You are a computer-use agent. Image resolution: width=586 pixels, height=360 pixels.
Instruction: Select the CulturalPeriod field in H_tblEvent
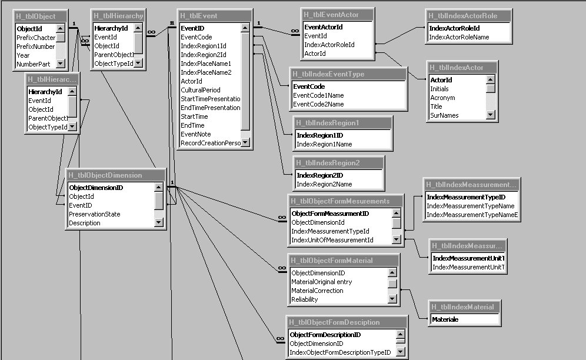tap(201, 90)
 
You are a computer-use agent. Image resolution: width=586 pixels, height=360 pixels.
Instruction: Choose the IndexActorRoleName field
tap(459, 37)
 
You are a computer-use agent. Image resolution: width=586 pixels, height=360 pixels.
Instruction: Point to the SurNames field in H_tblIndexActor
tap(445, 115)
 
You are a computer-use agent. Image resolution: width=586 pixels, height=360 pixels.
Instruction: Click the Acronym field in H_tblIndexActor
tap(442, 98)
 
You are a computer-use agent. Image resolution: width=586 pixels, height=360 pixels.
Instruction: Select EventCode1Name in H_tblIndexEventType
tap(318, 95)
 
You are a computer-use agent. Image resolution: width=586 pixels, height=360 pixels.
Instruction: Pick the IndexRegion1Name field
tap(324, 144)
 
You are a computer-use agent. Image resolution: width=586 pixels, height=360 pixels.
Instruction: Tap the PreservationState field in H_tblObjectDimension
tap(95, 214)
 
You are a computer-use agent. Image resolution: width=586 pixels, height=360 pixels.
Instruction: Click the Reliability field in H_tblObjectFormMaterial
tap(305, 299)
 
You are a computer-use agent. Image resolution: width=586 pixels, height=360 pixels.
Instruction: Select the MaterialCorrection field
tap(317, 291)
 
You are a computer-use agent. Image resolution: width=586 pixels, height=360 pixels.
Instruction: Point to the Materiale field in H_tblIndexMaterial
tap(445, 319)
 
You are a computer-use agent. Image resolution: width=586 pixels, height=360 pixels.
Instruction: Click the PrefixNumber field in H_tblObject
tap(36, 46)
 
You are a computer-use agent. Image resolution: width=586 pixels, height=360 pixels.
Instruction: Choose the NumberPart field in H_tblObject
tap(33, 64)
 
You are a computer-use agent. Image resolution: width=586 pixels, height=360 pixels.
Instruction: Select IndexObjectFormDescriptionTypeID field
tap(340, 352)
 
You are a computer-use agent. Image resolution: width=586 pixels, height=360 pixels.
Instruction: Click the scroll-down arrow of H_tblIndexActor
tap(490, 115)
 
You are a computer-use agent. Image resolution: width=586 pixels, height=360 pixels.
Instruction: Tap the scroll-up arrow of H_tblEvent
tap(245, 28)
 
